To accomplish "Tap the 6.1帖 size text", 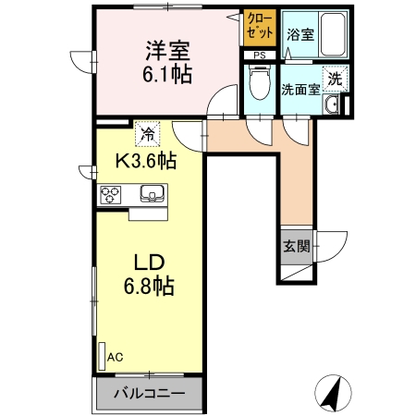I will point(167,75).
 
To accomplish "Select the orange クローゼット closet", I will point(260,28).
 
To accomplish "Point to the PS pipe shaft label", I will point(259,55).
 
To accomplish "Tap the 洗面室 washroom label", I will point(300,90).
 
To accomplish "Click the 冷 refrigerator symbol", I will point(146,134).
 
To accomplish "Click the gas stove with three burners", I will point(113,194).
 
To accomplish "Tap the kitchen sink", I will point(152,194).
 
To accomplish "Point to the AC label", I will point(115,356).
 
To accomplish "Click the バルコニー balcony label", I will point(149,393).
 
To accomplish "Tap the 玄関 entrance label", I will point(296,247).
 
